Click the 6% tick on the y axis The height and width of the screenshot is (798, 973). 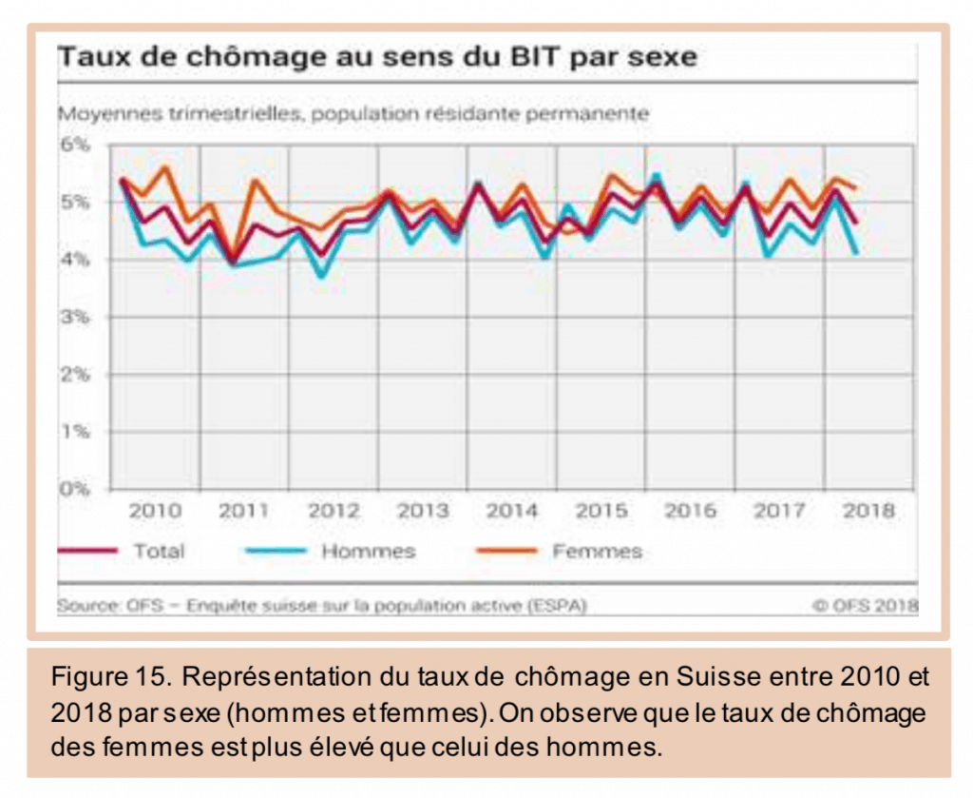pos(75,145)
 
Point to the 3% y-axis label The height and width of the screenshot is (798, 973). pos(75,317)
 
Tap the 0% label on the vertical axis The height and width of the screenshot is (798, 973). pos(75,489)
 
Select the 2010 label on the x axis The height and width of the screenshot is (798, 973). pos(155,511)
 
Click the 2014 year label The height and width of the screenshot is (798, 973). pos(512,511)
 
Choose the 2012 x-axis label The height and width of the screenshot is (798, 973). pos(334,511)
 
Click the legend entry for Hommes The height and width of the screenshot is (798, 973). pos(368,551)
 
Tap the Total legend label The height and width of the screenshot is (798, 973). pos(159,551)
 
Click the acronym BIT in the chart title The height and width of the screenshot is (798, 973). pos(522,56)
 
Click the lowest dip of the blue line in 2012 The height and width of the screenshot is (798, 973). pos(323,276)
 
